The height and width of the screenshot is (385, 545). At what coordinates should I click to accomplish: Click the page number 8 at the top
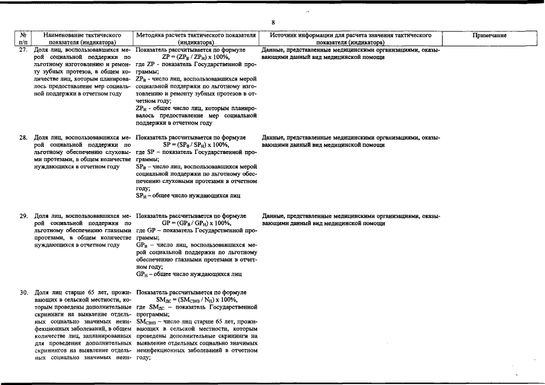coord(273,22)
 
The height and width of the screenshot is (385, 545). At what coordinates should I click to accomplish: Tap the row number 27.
coord(23,51)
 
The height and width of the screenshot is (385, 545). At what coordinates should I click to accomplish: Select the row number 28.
coord(23,138)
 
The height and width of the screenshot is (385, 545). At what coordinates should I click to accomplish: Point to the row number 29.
coord(23,216)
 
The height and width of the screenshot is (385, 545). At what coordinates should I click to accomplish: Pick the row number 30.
coord(23,293)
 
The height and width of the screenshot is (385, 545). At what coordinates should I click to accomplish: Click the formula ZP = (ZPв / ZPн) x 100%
coord(196,58)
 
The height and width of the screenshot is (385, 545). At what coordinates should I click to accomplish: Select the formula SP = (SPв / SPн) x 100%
coord(196,145)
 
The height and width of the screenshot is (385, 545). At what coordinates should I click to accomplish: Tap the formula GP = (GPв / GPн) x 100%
coord(196,223)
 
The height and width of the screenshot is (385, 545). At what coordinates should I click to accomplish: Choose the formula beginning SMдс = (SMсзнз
coord(196,300)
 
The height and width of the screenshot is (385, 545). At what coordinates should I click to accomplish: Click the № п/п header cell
coord(23,39)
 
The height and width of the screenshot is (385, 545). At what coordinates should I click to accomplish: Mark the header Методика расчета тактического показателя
coord(196,39)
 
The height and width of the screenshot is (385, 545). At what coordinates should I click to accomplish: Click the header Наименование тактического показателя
coord(83,39)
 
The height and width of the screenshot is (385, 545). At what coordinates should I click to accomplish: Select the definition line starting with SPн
coord(188,196)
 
